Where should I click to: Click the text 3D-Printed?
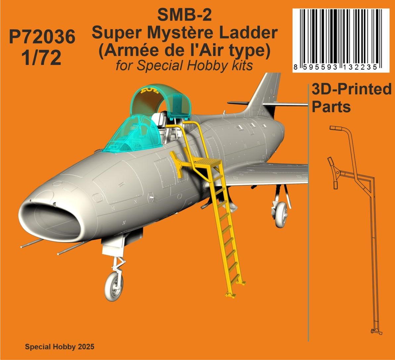pyautogui.click(x=351, y=89)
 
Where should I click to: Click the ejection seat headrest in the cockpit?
pyautogui.click(x=158, y=118)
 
